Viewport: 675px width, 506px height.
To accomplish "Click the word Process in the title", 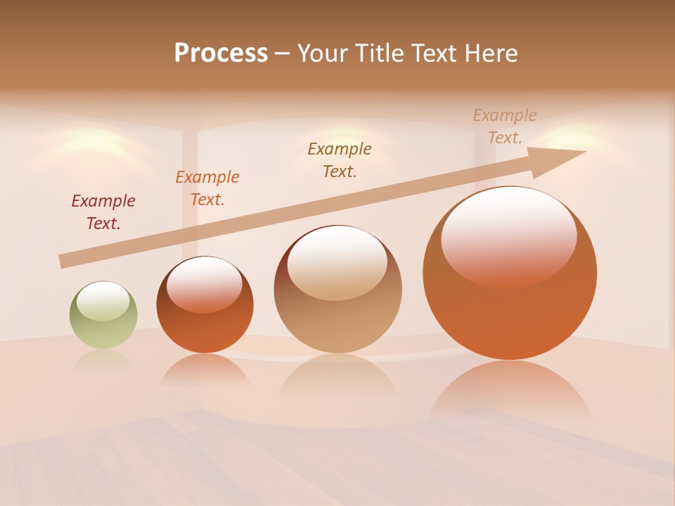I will click(x=221, y=53).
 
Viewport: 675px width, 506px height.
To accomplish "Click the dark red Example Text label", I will click(x=103, y=212).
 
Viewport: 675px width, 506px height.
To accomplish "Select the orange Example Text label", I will click(x=207, y=188).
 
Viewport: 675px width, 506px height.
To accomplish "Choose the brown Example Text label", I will click(x=340, y=160).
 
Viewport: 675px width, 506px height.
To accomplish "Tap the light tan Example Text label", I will click(x=505, y=126).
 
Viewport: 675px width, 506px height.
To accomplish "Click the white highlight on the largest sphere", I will click(x=508, y=235).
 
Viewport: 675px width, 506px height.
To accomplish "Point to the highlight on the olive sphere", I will click(x=103, y=301).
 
